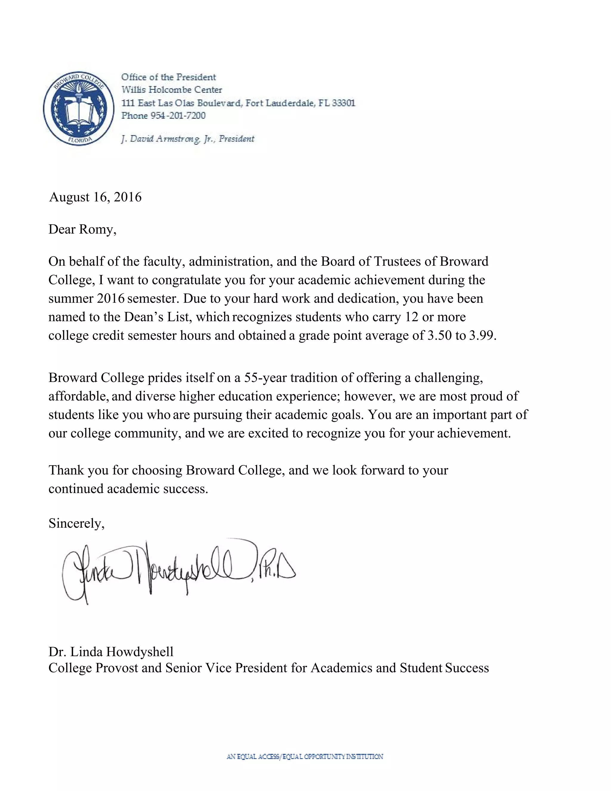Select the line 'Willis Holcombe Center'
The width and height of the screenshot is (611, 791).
(x=172, y=90)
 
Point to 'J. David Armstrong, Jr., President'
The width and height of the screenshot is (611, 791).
(x=187, y=139)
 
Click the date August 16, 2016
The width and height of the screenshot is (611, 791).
(x=95, y=197)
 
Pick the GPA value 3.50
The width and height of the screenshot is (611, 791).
(x=439, y=336)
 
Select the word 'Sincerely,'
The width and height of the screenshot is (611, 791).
(x=76, y=523)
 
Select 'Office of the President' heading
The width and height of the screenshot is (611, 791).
(x=168, y=77)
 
